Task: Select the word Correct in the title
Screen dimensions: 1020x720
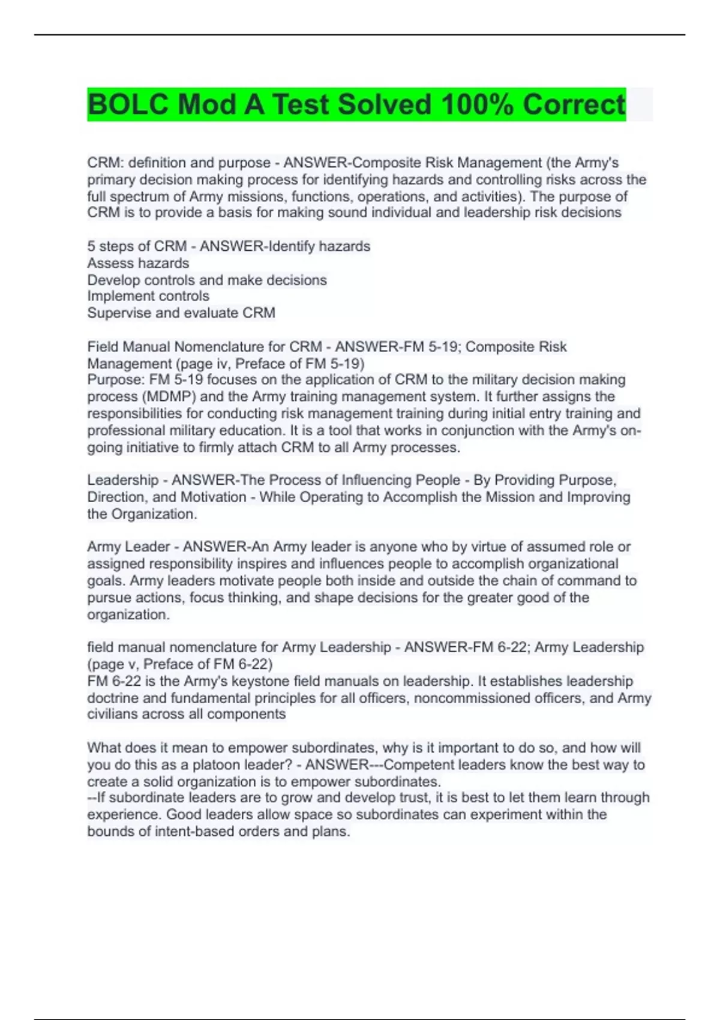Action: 574,105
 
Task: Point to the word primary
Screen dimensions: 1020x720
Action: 111,179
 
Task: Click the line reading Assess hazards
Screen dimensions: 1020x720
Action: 138,263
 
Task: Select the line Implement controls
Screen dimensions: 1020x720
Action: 148,296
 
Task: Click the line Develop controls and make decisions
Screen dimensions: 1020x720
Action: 207,280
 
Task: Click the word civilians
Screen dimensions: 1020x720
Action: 114,714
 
